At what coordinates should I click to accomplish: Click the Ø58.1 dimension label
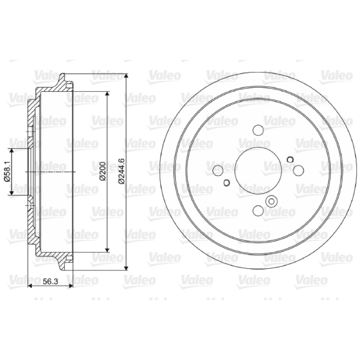click(7, 171)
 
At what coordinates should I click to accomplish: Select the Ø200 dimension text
click(103, 171)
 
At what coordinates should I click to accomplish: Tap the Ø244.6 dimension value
click(121, 171)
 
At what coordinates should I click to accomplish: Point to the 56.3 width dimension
click(50, 281)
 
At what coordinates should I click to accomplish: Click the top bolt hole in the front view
click(258, 130)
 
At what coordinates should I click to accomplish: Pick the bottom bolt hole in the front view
click(258, 210)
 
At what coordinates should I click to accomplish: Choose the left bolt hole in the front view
click(218, 171)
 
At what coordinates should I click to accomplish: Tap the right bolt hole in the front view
click(298, 171)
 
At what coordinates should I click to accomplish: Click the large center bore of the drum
click(258, 171)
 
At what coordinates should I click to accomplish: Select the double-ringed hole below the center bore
click(271, 202)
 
